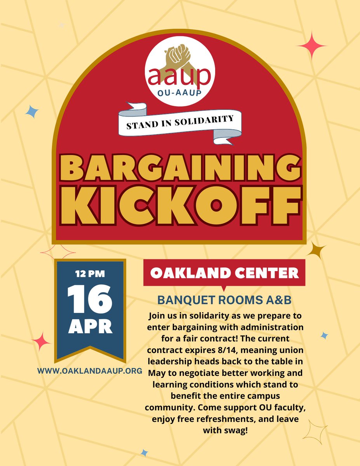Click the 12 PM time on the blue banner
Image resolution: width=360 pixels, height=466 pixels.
(x=90, y=275)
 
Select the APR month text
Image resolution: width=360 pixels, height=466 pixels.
(x=90, y=327)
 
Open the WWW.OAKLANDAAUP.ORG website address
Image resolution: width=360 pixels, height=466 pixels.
(x=89, y=370)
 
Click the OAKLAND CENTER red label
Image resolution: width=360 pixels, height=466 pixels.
(x=224, y=273)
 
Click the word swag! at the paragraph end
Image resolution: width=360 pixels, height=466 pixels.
(x=225, y=431)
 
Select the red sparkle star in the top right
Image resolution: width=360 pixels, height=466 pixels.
(x=311, y=46)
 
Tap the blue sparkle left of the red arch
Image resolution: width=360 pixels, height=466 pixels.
(x=32, y=111)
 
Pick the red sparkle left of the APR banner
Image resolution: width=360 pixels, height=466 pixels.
(x=41, y=341)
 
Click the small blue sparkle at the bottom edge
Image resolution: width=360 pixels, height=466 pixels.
(x=144, y=452)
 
